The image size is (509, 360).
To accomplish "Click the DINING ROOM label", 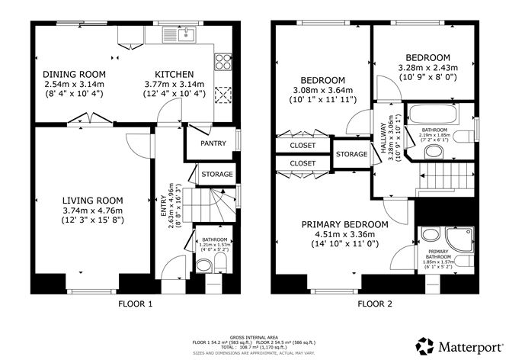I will pos(75,74).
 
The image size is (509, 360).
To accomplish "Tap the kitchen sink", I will pos(185,33).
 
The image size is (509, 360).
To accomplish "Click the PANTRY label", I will pos(212,143).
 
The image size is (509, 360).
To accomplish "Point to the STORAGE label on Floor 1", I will pos(217,175).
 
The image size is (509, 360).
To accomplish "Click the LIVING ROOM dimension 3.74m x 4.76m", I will pos(91,211).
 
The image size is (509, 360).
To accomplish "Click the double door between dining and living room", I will pos(82,120).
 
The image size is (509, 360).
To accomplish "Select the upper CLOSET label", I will pos(303,145).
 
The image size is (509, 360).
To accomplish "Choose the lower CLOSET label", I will pos(303,163).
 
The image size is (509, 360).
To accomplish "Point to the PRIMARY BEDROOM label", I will pos(344,224).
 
